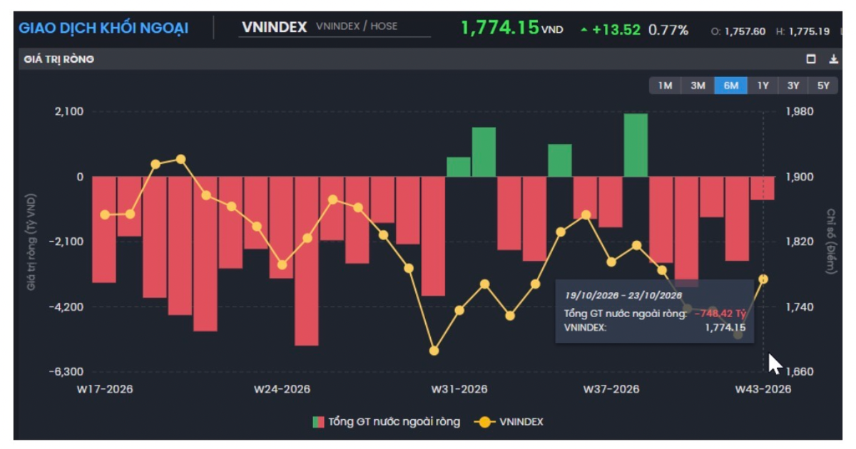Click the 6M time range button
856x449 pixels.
tap(730, 86)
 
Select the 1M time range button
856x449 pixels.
tap(665, 86)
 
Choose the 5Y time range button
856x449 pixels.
tap(823, 86)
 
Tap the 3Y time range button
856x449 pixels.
tap(793, 86)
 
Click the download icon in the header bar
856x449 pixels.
tap(833, 59)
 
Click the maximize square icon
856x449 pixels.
tap(811, 59)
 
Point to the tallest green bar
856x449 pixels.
tap(636, 145)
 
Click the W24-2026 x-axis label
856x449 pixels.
tap(282, 389)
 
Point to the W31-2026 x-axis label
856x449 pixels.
tap(459, 389)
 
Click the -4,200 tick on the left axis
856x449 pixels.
tap(66, 306)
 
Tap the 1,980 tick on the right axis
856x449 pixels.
tap(800, 111)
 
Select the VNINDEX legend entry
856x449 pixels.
tap(509, 422)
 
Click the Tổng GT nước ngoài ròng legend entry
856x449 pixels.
tap(387, 422)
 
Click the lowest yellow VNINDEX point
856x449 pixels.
tap(434, 351)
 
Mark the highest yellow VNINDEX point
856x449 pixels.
tap(180, 159)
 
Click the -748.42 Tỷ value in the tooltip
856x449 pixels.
tap(720, 314)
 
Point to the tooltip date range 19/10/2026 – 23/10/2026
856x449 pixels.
tap(623, 295)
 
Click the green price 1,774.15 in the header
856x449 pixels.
tap(500, 28)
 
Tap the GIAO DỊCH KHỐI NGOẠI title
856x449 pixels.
tap(103, 29)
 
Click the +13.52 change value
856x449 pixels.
tap(616, 30)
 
